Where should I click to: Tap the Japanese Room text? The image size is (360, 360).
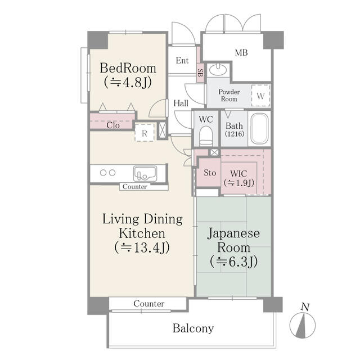233,246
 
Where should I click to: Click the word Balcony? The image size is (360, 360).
193,328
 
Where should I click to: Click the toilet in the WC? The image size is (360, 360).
205,136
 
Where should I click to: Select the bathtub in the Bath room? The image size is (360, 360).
259,130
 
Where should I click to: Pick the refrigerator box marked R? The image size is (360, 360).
145,133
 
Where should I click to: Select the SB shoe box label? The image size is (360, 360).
200,72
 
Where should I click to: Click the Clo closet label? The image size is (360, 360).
112,125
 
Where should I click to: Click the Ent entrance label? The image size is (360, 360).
182,61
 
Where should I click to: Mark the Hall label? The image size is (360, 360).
181,103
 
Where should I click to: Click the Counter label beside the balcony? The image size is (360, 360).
149,304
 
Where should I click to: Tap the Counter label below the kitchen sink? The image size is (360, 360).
135,187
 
